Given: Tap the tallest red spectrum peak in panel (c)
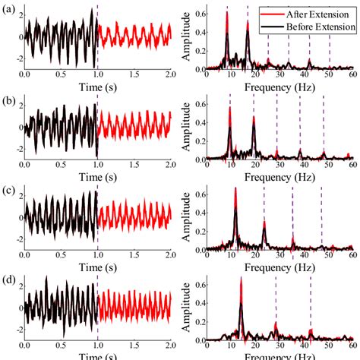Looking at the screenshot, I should click(x=235, y=189).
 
